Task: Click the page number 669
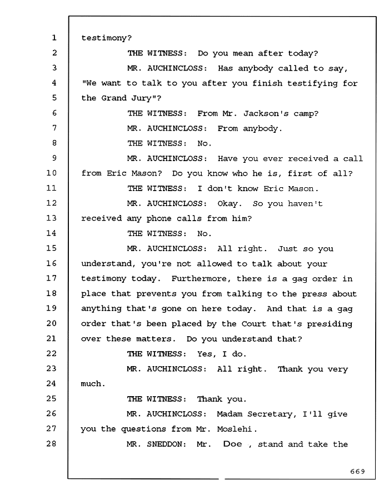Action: pos(357,471)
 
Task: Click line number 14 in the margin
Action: pos(51,233)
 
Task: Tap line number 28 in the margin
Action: pos(51,443)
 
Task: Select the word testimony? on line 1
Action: pos(107,38)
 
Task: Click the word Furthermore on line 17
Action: pos(200,279)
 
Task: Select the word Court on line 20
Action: pos(253,324)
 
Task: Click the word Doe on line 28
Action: pos(232,444)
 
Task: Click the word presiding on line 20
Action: pos(330,324)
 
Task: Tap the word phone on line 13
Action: pos(159,219)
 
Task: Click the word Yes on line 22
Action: pos(205,354)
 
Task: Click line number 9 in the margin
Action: pos(54,158)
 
